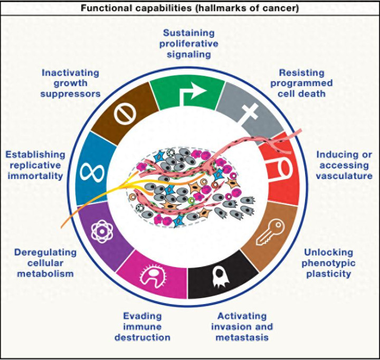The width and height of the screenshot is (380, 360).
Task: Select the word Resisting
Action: coord(302,73)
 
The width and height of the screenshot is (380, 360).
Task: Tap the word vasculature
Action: coord(344,176)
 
